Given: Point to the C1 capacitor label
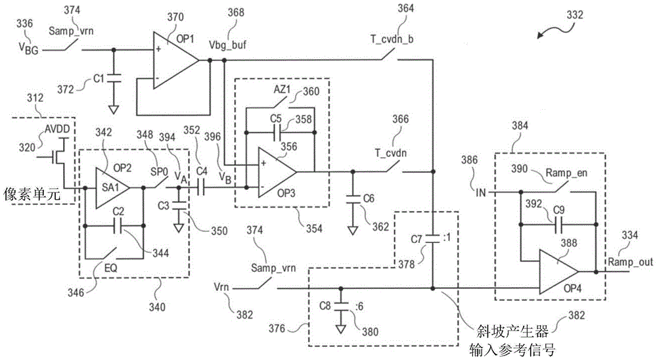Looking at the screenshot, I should (99, 78).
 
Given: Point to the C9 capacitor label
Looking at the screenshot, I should (558, 210).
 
